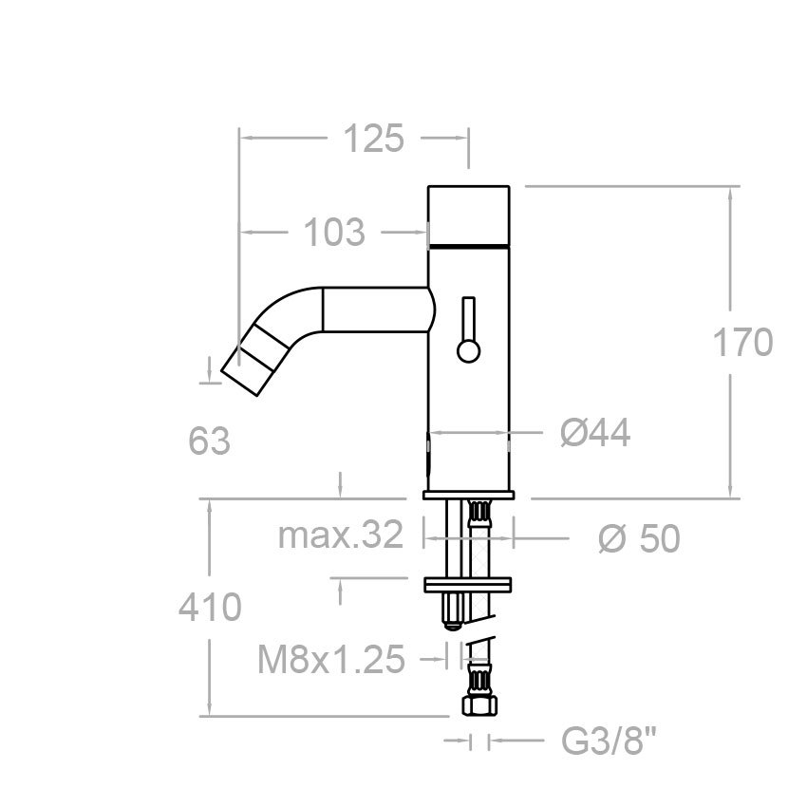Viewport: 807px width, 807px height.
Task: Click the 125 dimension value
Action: (x=373, y=139)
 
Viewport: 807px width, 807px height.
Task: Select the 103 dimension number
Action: (x=333, y=232)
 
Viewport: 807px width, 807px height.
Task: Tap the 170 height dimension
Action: (x=742, y=343)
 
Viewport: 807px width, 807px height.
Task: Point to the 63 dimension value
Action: (x=209, y=441)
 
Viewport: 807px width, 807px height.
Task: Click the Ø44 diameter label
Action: (x=595, y=434)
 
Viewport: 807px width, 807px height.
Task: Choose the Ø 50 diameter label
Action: (x=639, y=539)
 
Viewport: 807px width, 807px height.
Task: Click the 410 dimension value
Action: (x=210, y=607)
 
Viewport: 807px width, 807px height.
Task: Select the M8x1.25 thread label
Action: (x=331, y=659)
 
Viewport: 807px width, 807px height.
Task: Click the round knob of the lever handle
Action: (x=468, y=351)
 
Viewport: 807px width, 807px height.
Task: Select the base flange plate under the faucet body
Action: (x=469, y=494)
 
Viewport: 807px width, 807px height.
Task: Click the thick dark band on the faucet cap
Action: (x=470, y=245)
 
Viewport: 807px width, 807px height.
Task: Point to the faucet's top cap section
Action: (x=470, y=214)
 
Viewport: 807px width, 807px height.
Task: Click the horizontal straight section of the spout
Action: (x=375, y=310)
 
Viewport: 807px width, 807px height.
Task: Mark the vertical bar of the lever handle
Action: (x=468, y=319)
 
